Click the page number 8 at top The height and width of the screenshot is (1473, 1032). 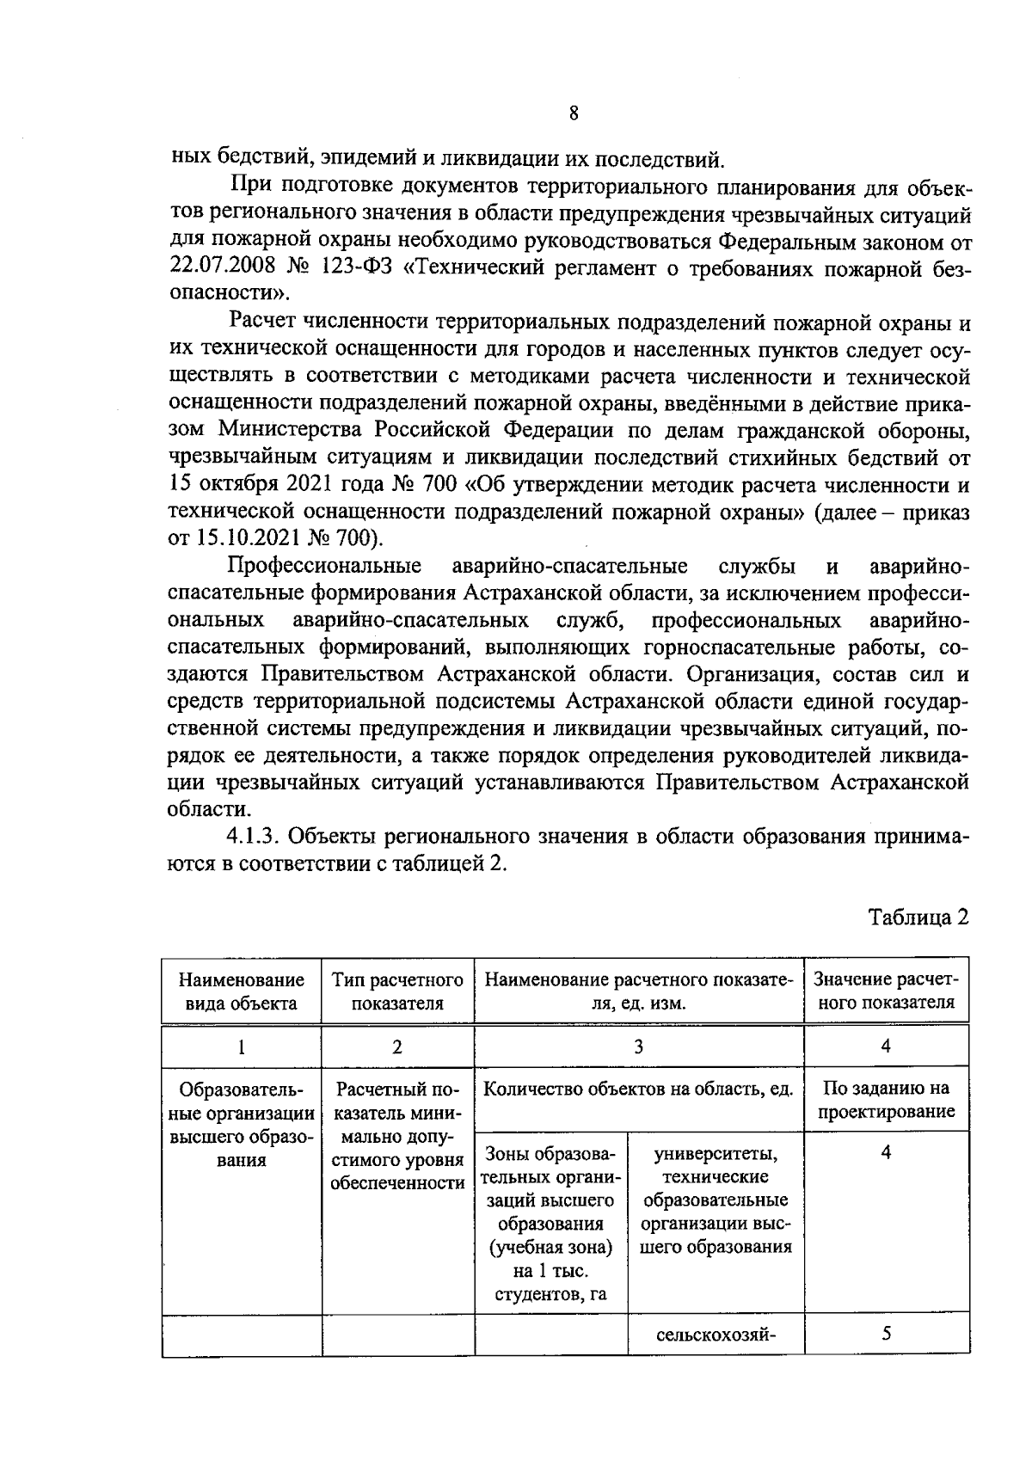[573, 114]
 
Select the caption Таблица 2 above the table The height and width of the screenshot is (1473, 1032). [918, 917]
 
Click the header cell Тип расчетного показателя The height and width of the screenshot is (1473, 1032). [397, 991]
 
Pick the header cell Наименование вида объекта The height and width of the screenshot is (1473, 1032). [241, 991]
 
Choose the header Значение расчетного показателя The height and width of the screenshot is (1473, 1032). [885, 991]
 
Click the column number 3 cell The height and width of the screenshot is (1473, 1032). [638, 1046]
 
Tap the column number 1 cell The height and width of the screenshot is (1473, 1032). [241, 1046]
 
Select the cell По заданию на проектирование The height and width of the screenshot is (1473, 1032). [886, 1099]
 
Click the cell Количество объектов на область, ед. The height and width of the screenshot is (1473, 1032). [638, 1089]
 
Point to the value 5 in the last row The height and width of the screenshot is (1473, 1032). [886, 1335]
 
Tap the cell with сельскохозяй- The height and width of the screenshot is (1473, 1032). [716, 1335]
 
